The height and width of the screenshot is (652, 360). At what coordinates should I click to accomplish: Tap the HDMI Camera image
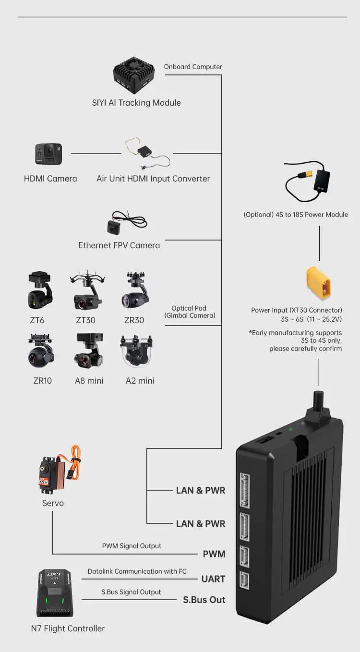(48, 154)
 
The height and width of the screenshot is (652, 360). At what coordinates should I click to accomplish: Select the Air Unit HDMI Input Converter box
(144, 152)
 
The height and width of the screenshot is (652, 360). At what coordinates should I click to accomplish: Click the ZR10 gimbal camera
(41, 352)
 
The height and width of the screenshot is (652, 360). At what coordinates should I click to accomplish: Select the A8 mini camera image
(89, 351)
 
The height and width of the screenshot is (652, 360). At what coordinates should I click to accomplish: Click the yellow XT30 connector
(318, 283)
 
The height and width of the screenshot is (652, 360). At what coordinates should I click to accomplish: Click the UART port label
(213, 579)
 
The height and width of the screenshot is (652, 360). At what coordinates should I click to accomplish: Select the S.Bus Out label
(204, 600)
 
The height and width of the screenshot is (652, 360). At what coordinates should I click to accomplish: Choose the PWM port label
(214, 554)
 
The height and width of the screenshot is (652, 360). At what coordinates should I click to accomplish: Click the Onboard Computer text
(193, 67)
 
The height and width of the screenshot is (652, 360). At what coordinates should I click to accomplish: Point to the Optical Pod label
(189, 312)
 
